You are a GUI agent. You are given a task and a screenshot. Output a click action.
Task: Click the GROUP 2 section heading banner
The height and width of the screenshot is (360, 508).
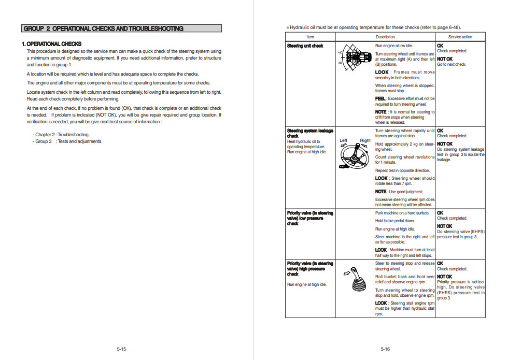coord(122,28)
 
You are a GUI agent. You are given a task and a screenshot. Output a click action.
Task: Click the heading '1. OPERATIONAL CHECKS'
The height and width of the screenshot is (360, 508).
coord(51,44)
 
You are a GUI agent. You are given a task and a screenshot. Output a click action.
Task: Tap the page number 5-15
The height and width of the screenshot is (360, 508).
coord(121,349)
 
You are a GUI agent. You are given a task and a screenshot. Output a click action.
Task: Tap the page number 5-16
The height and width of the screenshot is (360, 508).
coord(385,349)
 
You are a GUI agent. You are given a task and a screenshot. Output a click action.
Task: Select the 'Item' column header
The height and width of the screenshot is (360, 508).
coord(310,37)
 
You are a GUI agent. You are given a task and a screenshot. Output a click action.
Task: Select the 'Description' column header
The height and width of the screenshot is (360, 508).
coord(385,37)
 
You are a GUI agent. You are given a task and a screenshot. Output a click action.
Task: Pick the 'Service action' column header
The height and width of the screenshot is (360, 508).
coord(460,37)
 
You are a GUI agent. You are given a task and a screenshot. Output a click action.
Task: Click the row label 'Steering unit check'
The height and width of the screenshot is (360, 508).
coord(305,46)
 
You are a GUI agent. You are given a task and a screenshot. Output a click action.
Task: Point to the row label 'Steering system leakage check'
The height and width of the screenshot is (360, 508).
coord(310,133)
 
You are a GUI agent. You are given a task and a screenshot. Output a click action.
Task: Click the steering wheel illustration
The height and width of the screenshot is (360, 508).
coord(355,155)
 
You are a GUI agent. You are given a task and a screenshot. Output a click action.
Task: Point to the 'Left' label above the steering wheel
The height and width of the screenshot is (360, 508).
coord(343,140)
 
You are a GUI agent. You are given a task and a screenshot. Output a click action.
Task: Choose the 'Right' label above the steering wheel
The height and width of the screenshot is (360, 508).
coord(365,140)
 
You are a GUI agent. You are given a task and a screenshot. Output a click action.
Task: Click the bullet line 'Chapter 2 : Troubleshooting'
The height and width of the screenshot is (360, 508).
coord(61,135)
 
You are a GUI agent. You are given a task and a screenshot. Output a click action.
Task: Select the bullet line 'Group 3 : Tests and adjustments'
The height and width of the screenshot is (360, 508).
coord(68,141)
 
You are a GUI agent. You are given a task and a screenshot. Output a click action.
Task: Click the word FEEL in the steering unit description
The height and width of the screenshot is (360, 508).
coord(380,98)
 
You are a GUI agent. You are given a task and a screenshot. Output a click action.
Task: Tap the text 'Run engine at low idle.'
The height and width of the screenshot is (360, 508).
coord(394,46)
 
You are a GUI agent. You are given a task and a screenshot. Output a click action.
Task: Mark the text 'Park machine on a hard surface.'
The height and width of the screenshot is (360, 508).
coord(402,213)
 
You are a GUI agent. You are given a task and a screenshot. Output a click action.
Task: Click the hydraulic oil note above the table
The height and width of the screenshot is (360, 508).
coord(373,27)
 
